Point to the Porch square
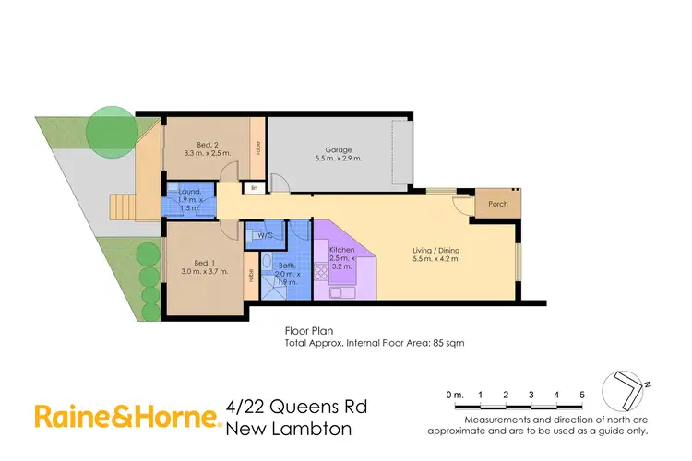coord(498,204)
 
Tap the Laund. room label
coord(190,195)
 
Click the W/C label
coord(266,235)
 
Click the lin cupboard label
coord(255,188)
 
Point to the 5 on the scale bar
coord(582,395)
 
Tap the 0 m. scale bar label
coord(452,395)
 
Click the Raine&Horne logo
coord(127,417)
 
